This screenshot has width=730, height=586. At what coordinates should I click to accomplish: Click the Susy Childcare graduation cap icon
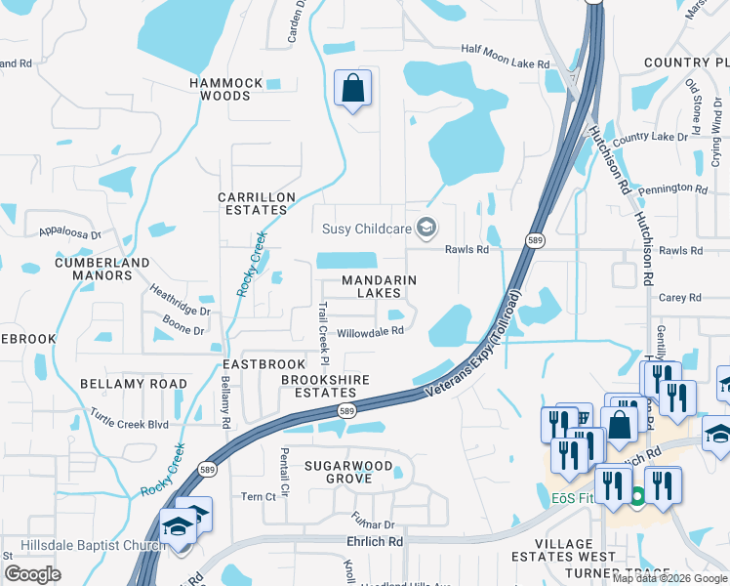coord(426,229)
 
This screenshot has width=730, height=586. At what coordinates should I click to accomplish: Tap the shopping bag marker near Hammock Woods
coord(352,89)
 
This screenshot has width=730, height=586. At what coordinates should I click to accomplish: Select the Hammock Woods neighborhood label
coord(226,90)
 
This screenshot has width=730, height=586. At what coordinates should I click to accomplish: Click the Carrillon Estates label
coord(257,203)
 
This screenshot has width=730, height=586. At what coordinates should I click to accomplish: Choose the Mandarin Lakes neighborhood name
coord(379,286)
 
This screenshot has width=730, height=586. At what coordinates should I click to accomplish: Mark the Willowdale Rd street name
coord(370,332)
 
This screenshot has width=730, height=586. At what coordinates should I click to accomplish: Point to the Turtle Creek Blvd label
coord(129,425)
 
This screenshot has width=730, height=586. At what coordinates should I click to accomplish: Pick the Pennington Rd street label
coord(673,188)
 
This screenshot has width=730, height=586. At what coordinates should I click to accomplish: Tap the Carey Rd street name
coord(680,298)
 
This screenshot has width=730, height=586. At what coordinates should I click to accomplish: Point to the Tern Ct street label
coord(258,497)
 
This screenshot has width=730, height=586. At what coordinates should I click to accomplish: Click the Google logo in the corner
coord(33,574)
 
